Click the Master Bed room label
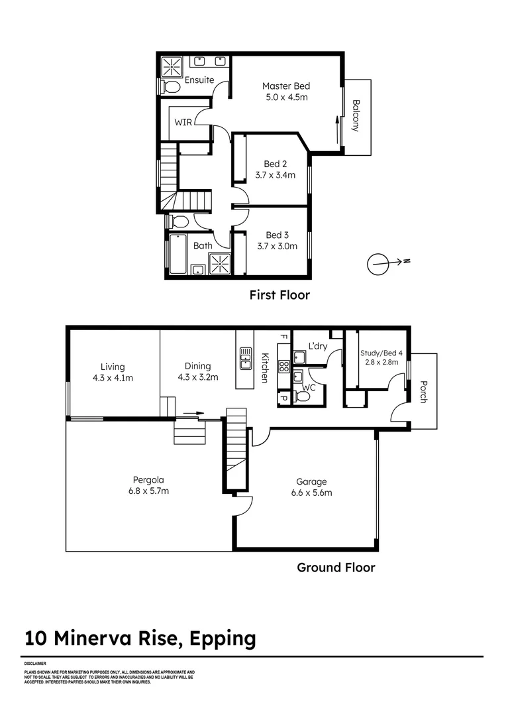[285, 86]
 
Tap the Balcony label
[356, 116]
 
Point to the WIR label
[183, 123]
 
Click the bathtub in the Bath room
[177, 254]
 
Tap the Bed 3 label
[277, 235]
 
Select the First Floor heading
[279, 295]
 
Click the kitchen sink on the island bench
[245, 357]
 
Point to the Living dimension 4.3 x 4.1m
[113, 379]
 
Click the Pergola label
[148, 479]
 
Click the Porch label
[423, 391]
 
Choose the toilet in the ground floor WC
[302, 396]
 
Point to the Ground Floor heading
[335, 567]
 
